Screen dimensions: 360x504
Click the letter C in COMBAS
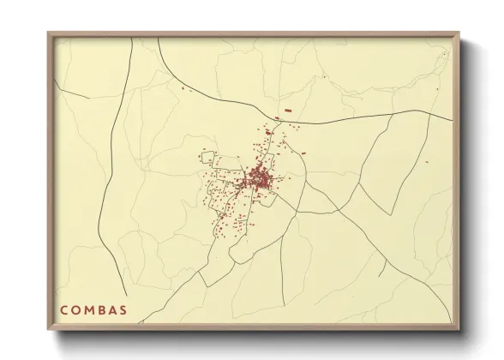point(63,309)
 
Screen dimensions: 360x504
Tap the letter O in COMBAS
point(76,309)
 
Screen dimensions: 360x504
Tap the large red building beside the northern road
point(288,111)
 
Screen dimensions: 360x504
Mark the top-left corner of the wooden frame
point(48,33)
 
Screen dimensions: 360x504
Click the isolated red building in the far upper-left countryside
point(182,87)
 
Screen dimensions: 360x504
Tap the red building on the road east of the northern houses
point(302,152)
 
